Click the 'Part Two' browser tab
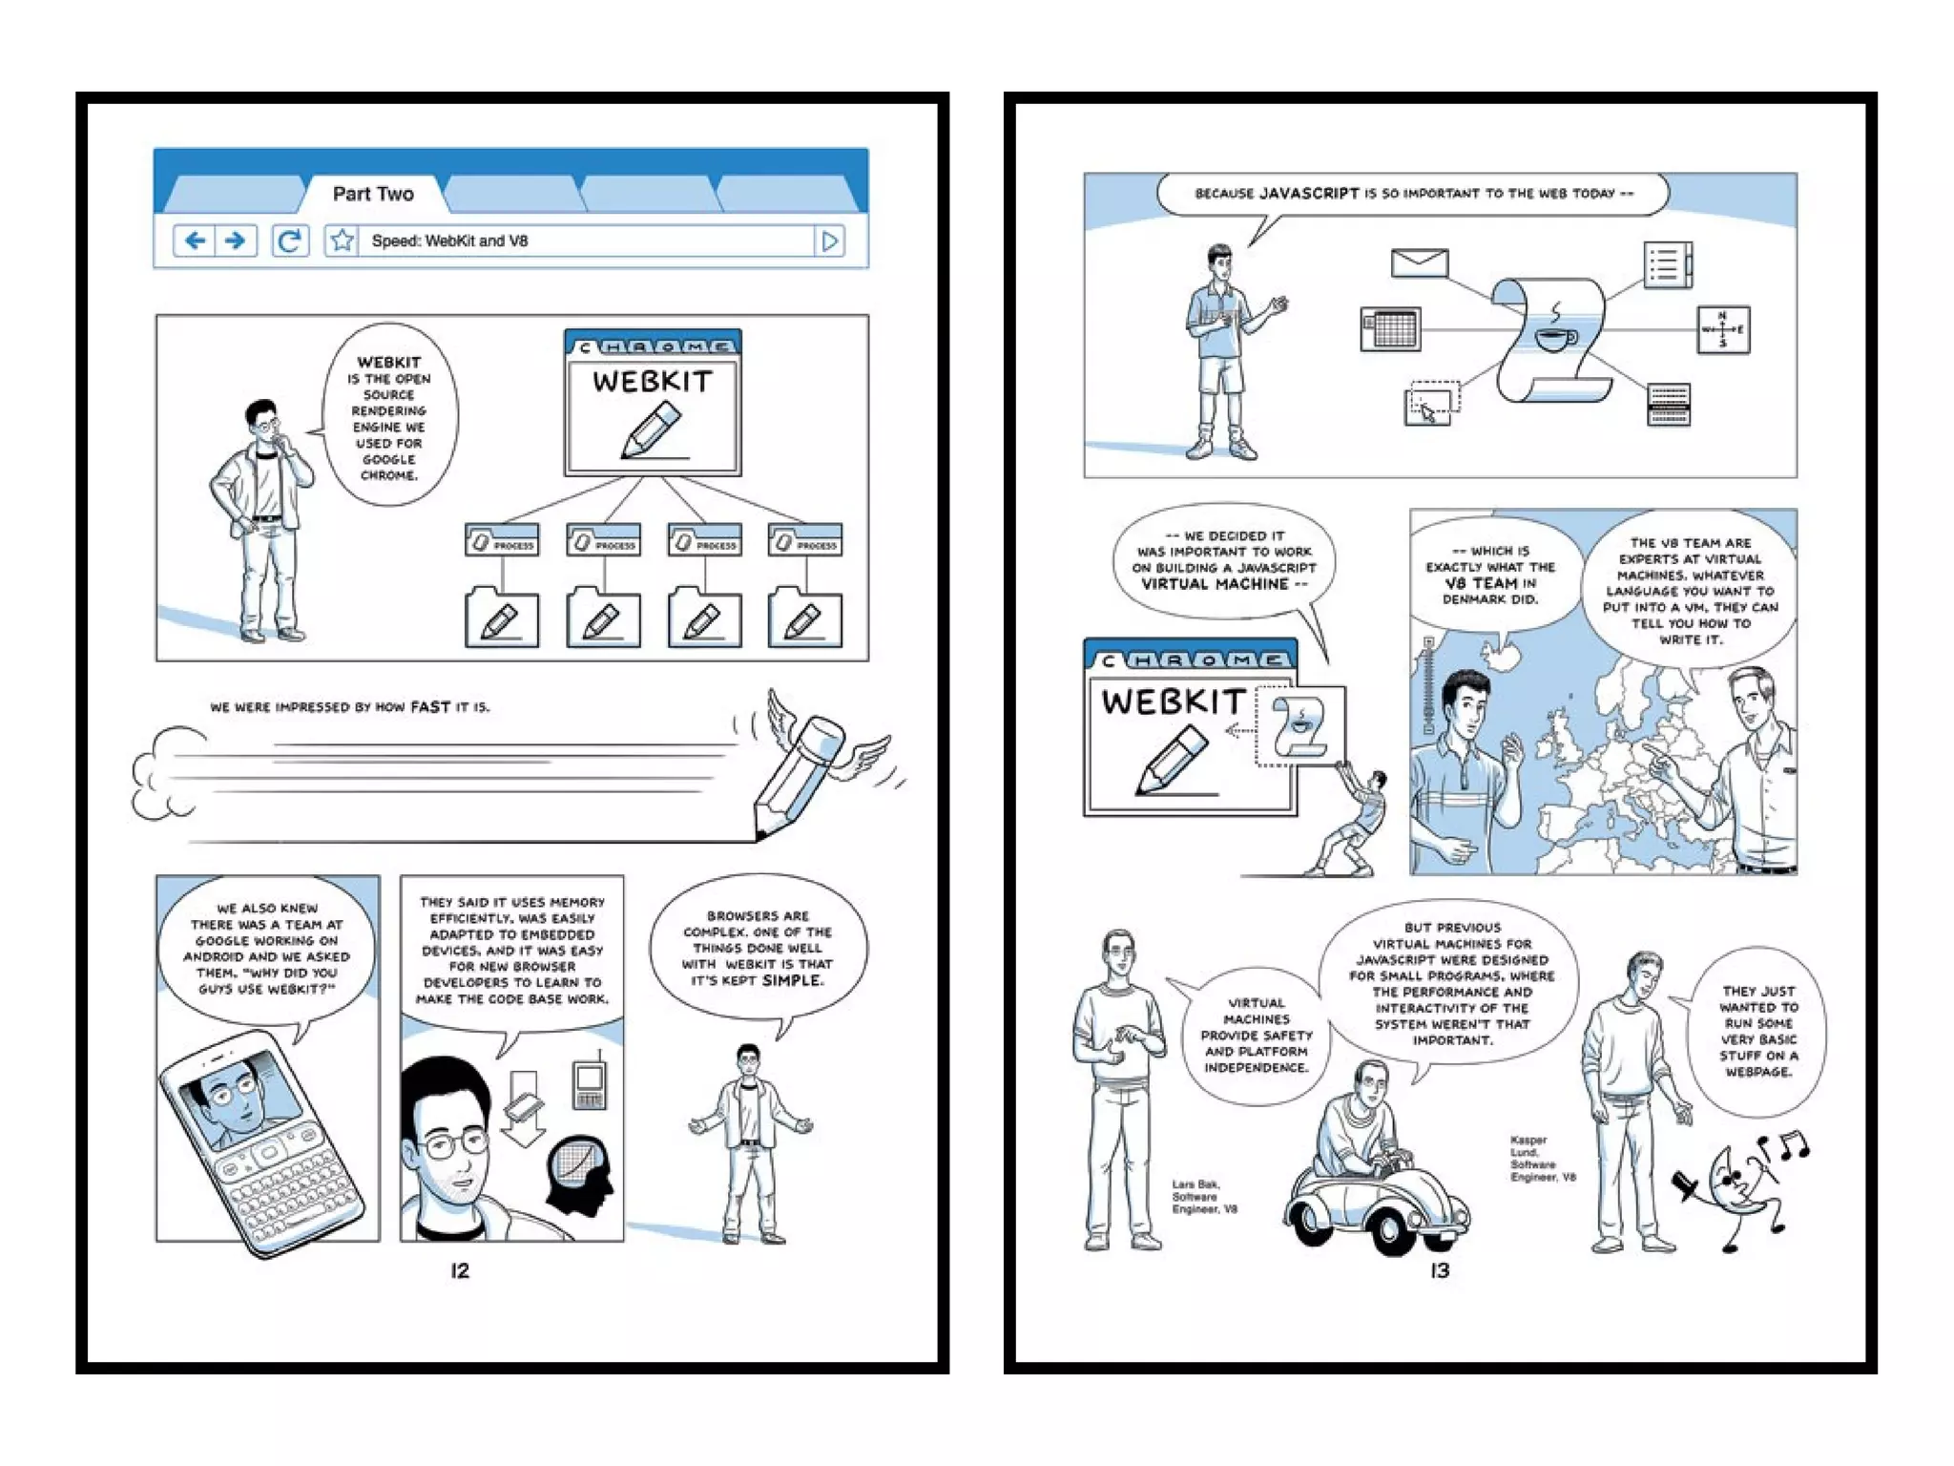click(372, 194)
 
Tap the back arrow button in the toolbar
click(195, 241)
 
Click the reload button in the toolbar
click(289, 241)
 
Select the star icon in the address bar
click(342, 241)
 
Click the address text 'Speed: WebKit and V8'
click(449, 241)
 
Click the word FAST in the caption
click(430, 707)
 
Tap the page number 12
click(460, 1270)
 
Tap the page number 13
click(1440, 1270)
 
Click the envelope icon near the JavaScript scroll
click(1419, 262)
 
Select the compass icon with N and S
click(1722, 329)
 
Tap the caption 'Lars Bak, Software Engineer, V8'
click(1203, 1197)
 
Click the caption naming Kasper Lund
click(1540, 1159)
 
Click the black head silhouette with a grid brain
click(579, 1174)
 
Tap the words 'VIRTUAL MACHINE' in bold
click(1215, 584)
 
